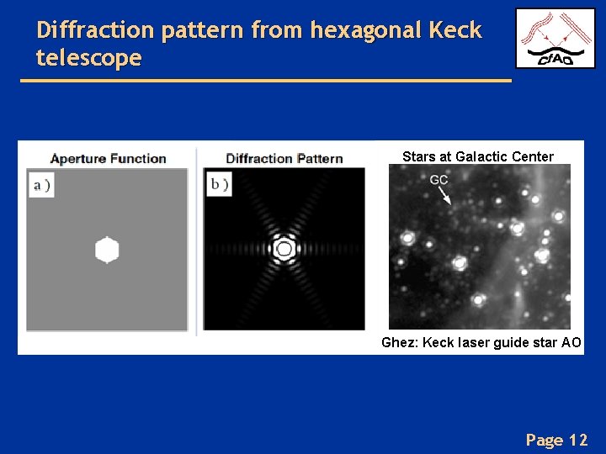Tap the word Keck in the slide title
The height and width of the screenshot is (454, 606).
tap(454, 31)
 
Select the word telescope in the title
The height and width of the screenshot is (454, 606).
tap(89, 59)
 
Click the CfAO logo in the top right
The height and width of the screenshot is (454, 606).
tap(555, 39)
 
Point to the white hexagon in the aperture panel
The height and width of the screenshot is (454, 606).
tap(107, 251)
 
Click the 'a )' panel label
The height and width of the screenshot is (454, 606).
tap(41, 186)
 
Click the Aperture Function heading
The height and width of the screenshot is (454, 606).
tap(108, 158)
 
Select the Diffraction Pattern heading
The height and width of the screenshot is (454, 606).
tap(284, 158)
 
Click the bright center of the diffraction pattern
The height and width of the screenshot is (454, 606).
tap(284, 249)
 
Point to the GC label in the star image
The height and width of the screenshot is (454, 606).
tap(439, 180)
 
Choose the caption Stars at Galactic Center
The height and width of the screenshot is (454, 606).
tap(478, 156)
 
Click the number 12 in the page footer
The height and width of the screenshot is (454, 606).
tap(578, 440)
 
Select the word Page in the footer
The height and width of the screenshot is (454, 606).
tap(544, 440)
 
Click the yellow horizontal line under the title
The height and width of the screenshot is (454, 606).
tap(265, 80)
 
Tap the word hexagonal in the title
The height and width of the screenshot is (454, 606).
tap(365, 31)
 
